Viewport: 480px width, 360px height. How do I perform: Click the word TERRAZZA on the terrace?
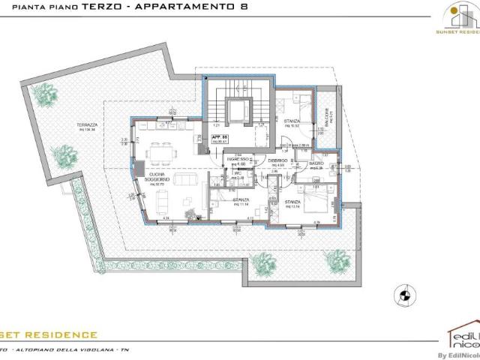tap(97, 124)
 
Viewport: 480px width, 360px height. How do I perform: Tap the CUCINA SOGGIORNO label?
tap(157, 178)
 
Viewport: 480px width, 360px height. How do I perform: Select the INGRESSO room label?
tap(238, 160)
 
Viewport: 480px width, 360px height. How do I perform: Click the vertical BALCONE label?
tap(326, 116)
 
